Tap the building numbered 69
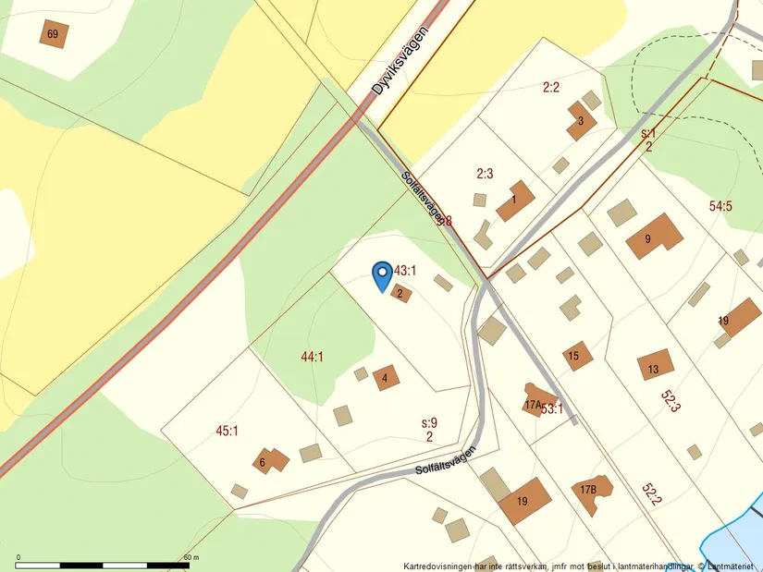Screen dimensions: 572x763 [54, 34]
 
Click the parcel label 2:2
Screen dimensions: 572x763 [551, 88]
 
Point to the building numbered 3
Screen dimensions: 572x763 [581, 121]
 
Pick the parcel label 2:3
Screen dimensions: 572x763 [485, 173]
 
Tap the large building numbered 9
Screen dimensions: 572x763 [655, 237]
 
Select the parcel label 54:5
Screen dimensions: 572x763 [720, 206]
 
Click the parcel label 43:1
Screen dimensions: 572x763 [406, 271]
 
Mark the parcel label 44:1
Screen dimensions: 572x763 [312, 357]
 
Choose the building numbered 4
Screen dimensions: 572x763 [386, 377]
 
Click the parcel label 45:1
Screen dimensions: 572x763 [227, 431]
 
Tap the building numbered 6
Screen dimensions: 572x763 [269, 459]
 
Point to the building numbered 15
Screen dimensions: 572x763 [577, 355]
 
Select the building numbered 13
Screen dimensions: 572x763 [655, 366]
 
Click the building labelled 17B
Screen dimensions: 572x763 [590, 491]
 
